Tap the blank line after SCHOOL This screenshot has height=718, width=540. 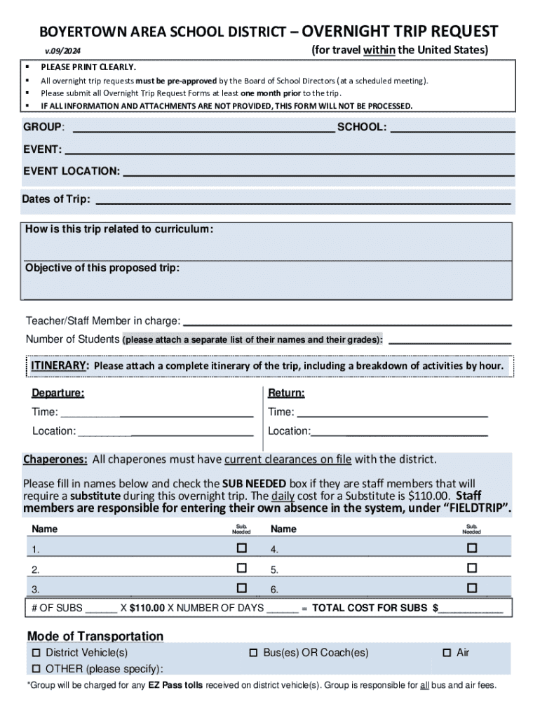coord(452,128)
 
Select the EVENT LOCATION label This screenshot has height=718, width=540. coord(72,171)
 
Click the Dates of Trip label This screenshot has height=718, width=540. coord(56,199)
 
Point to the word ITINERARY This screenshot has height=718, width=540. coord(60,365)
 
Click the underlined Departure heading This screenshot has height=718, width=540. coord(58,393)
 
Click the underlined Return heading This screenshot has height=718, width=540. coord(286,393)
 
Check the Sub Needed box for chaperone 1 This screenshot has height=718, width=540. coord(242,548)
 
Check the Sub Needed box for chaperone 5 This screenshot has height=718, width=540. coord(472,567)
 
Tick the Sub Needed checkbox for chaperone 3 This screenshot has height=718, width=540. coord(242,588)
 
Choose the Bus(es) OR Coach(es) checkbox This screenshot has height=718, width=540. coord(254,653)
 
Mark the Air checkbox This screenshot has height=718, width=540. coord(447,653)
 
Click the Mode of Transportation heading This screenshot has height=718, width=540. coord(95,636)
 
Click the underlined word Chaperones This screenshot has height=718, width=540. coord(55,459)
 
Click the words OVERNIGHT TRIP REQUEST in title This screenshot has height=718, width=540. coord(400,32)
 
